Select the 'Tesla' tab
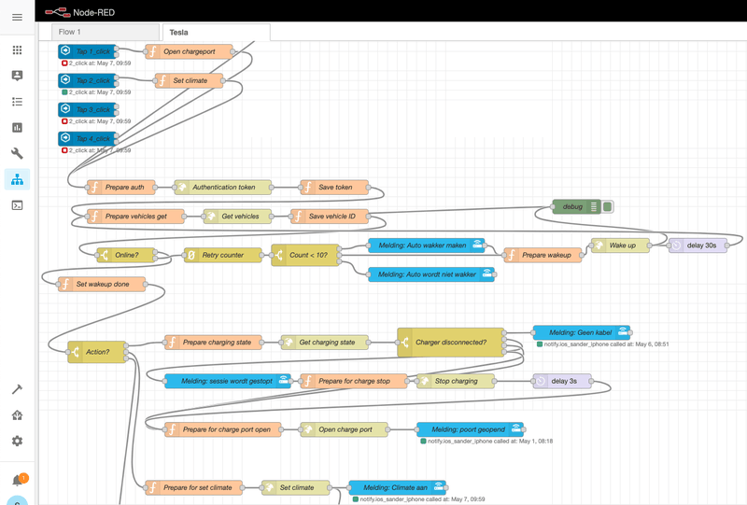pyautogui.click(x=215, y=32)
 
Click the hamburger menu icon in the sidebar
pyautogui.click(x=17, y=18)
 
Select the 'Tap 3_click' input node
pyautogui.click(x=89, y=110)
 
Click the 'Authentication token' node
pyautogui.click(x=222, y=187)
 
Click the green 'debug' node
pyautogui.click(x=574, y=206)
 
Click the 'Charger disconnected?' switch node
pyautogui.click(x=451, y=343)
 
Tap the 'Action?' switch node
pyautogui.click(x=96, y=352)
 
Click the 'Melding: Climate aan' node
pyautogui.click(x=397, y=486)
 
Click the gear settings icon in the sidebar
pyautogui.click(x=17, y=441)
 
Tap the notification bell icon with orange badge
pyautogui.click(x=17, y=481)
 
